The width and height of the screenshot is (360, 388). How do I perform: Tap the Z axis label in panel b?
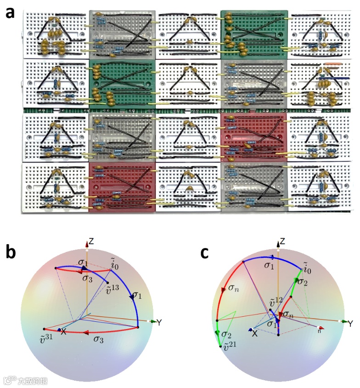[x=92, y=241]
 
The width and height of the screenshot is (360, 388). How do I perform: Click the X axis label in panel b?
[x=64, y=331]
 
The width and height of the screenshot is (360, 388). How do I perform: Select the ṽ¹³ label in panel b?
[x=111, y=288]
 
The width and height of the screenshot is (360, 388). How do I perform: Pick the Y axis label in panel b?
[x=159, y=323]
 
